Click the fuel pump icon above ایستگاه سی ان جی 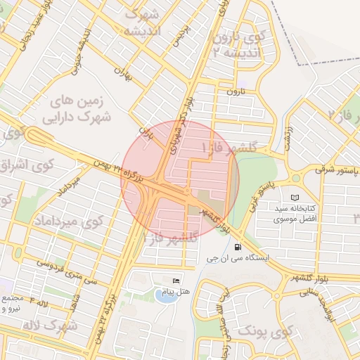[238, 247]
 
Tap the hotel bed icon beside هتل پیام [175, 281]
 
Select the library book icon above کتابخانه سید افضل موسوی [295, 198]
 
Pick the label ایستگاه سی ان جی [238, 259]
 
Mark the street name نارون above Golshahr [233, 91]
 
